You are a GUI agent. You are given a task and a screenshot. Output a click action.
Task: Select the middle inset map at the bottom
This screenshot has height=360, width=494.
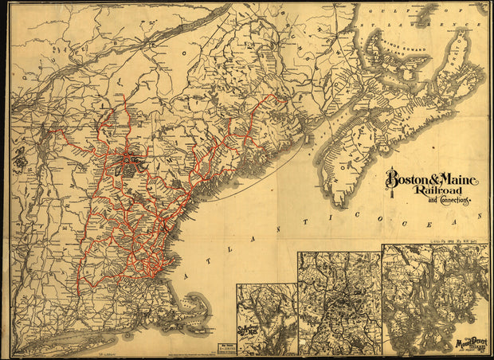pyautogui.click(x=339, y=303)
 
